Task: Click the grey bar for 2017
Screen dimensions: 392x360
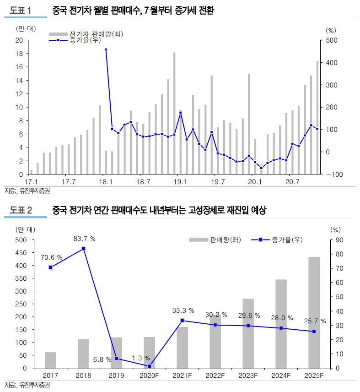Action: click(x=51, y=360)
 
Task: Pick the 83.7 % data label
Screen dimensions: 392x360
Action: click(x=84, y=239)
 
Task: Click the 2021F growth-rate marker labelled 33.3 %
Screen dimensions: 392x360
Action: click(x=183, y=321)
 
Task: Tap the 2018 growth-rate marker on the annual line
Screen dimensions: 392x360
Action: click(x=84, y=249)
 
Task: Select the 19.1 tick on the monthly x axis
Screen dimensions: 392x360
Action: click(x=181, y=182)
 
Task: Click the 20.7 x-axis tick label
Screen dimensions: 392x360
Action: click(x=292, y=182)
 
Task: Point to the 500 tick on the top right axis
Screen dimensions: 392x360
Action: click(x=331, y=40)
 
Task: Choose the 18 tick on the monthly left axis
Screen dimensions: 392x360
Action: click(x=19, y=54)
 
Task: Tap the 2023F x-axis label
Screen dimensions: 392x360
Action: click(x=248, y=376)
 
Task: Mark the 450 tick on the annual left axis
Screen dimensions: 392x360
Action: click(x=21, y=253)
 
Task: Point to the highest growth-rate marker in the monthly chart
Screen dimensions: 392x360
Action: click(x=106, y=49)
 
